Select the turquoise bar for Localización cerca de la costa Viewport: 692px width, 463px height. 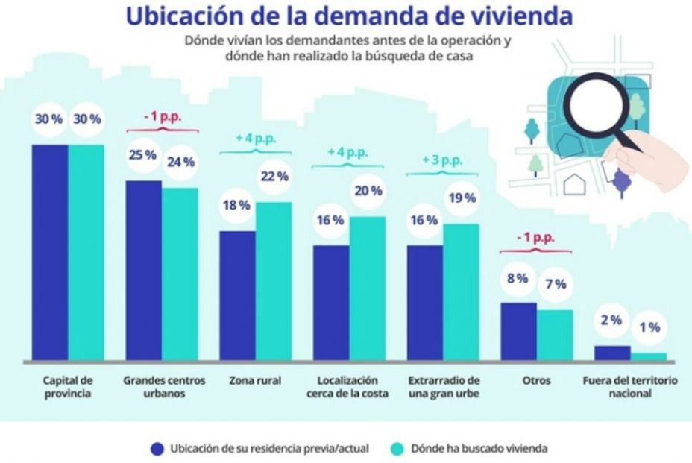coord(367,288)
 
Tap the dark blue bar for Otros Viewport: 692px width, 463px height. coord(518,331)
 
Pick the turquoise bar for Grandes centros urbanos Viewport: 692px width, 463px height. coord(180,274)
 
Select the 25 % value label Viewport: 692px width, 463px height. coord(144,154)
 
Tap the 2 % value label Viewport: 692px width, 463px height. coord(611,320)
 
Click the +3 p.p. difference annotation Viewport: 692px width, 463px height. coord(442,160)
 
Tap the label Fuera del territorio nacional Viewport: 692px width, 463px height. coord(629,387)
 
